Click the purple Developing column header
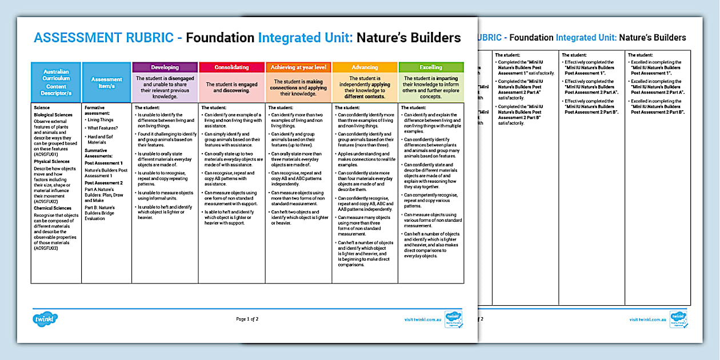tap(165, 67)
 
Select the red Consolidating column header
tap(231, 67)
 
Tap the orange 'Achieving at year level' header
tap(298, 67)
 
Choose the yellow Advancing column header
tap(365, 67)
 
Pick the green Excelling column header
tap(431, 67)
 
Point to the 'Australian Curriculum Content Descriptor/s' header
tap(56, 82)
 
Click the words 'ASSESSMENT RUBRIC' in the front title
tap(104, 38)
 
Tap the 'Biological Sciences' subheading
tap(53, 115)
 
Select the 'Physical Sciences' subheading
tap(51, 162)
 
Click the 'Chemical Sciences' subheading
tap(52, 208)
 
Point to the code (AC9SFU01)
tap(46, 154)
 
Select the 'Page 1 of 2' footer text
tap(247, 319)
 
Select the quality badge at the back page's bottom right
tap(678, 319)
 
